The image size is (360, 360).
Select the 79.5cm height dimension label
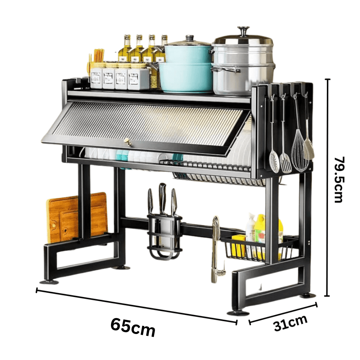339,180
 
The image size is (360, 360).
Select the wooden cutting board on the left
77,218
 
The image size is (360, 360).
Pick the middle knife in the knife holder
163,199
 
